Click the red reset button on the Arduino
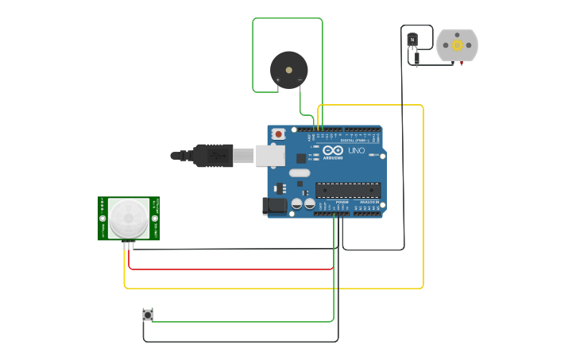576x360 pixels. tap(278, 134)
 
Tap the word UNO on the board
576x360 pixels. tap(357, 150)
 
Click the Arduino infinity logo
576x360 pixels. tap(333, 150)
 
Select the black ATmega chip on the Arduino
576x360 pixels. tap(348, 190)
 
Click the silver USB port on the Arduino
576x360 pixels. tap(270, 156)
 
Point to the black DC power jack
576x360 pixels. tap(275, 206)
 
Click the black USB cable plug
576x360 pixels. tap(213, 156)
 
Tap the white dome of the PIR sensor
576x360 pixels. tap(129, 218)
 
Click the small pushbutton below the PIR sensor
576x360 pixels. tap(148, 315)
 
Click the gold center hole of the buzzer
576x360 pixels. tap(288, 70)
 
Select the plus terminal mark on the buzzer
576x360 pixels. tap(277, 80)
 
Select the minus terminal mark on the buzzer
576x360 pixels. tap(300, 80)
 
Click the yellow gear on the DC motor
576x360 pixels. tap(457, 45)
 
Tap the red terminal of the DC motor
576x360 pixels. tap(461, 63)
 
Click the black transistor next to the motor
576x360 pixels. tap(412, 39)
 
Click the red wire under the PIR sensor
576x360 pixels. tap(230, 269)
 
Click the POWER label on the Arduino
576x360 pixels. tap(342, 203)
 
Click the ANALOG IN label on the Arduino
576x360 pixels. tap(369, 203)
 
